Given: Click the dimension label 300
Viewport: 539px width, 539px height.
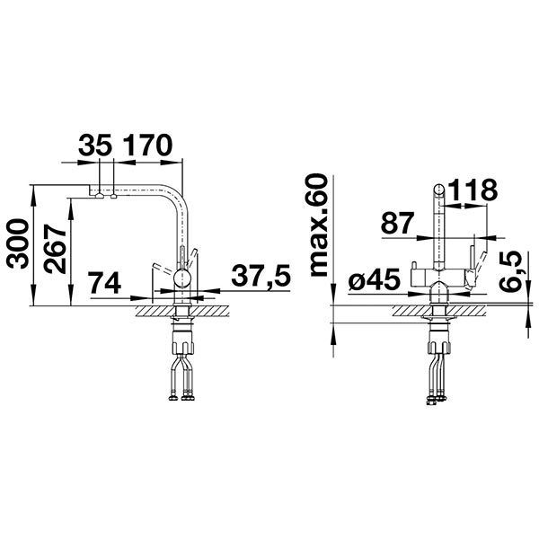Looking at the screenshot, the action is [x=17, y=244].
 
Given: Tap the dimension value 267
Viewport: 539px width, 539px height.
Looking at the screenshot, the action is [x=55, y=249].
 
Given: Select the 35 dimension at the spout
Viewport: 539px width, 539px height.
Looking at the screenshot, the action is [x=95, y=145].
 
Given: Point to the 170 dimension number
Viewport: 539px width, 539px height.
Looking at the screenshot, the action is [x=147, y=145].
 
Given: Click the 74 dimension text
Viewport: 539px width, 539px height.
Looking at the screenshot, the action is [x=104, y=283].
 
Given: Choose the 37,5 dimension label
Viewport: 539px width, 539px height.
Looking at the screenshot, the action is [x=261, y=276].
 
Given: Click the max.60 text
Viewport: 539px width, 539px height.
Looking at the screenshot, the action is [x=318, y=225].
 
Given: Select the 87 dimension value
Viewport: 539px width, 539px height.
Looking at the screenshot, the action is [x=397, y=223].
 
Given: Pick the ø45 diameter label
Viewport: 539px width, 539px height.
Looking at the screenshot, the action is [x=375, y=278].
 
